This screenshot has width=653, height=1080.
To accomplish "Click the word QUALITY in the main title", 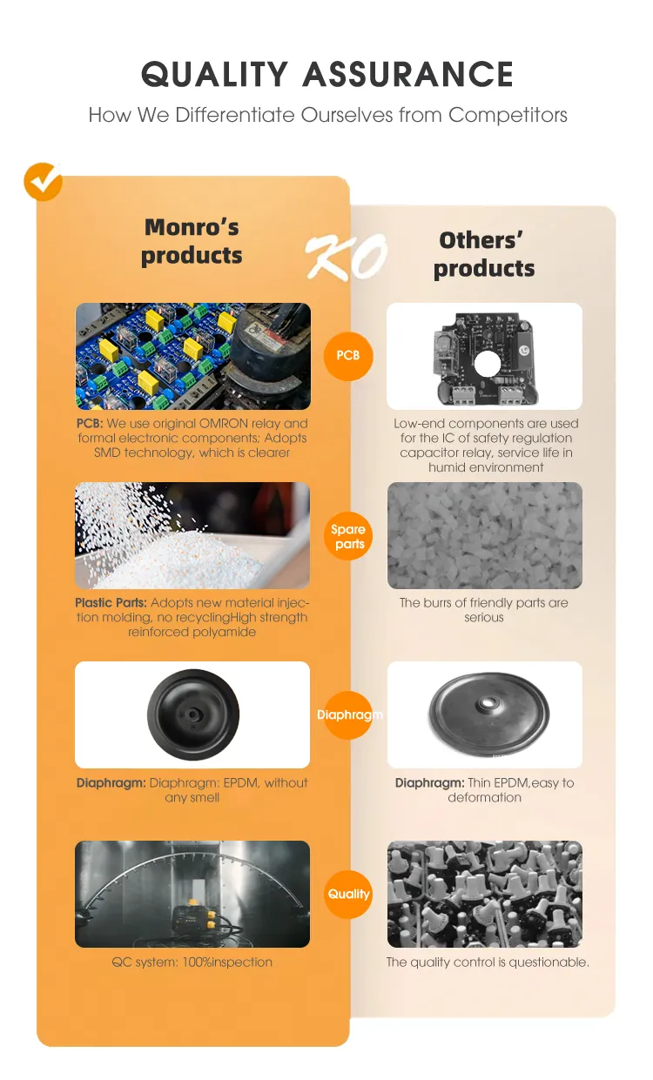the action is point(214,74).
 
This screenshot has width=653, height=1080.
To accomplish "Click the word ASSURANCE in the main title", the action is point(408,74).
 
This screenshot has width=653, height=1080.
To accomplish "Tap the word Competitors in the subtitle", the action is point(508,115).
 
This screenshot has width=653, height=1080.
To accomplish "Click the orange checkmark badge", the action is point(43,181).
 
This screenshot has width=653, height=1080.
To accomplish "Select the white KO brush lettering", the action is point(347,256).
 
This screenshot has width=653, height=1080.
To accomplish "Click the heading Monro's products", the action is point(192,242).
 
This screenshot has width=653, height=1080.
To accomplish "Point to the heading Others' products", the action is point(484,255).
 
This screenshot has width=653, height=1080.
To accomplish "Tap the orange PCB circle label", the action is point(347,356).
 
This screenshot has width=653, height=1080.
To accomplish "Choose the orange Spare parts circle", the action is point(347,536).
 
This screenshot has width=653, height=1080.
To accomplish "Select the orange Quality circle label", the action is point(348,895).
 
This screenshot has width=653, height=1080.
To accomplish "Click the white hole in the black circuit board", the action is point(488,365).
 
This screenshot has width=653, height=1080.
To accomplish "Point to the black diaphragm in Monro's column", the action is point(193,714).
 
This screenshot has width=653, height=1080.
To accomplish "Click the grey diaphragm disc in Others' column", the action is point(489,713).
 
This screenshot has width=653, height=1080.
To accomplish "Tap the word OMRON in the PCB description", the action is point(223,423).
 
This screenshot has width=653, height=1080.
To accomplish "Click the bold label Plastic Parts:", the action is point(111,603).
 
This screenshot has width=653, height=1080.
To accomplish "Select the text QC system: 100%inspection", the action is point(192,963).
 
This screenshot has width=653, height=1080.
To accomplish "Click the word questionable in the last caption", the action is point(549,963).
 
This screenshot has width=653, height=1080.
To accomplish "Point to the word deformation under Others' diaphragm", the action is point(484,797).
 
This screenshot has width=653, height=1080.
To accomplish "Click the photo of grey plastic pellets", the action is point(485,536).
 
